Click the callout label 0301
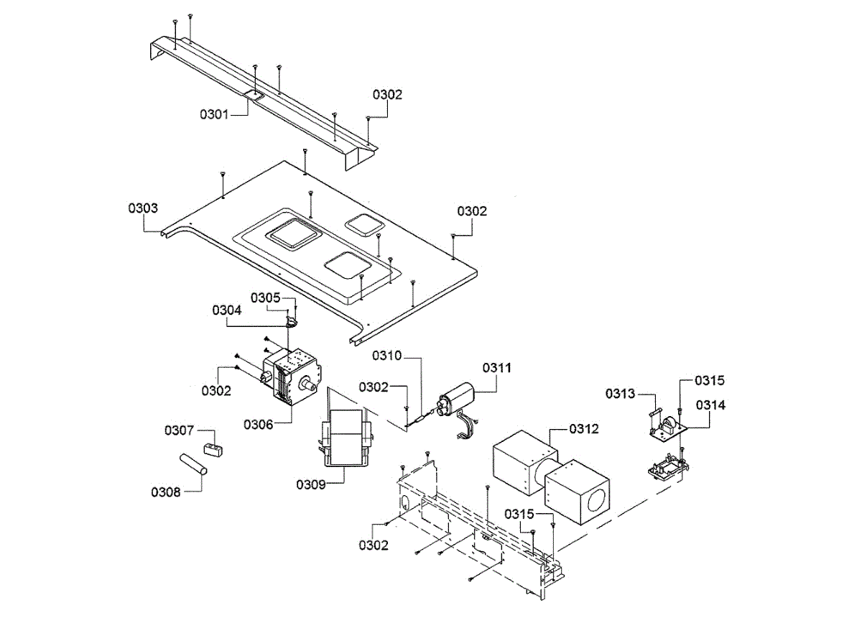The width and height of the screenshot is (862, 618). tap(214, 113)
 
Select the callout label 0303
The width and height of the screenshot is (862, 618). tap(143, 208)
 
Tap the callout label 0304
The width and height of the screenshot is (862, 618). tap(226, 310)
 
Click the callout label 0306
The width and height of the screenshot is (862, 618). tap(259, 425)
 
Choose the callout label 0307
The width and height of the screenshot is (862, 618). tap(179, 430)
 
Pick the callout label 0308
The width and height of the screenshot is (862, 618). tap(165, 492)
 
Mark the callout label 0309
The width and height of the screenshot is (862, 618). tap(311, 484)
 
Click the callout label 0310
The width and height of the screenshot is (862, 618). tap(387, 356)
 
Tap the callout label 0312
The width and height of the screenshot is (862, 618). tap(584, 429)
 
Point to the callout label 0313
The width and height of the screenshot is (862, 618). tap(620, 393)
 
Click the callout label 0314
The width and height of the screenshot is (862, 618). tap(711, 405)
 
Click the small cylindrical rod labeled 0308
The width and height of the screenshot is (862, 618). tap(193, 463)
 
